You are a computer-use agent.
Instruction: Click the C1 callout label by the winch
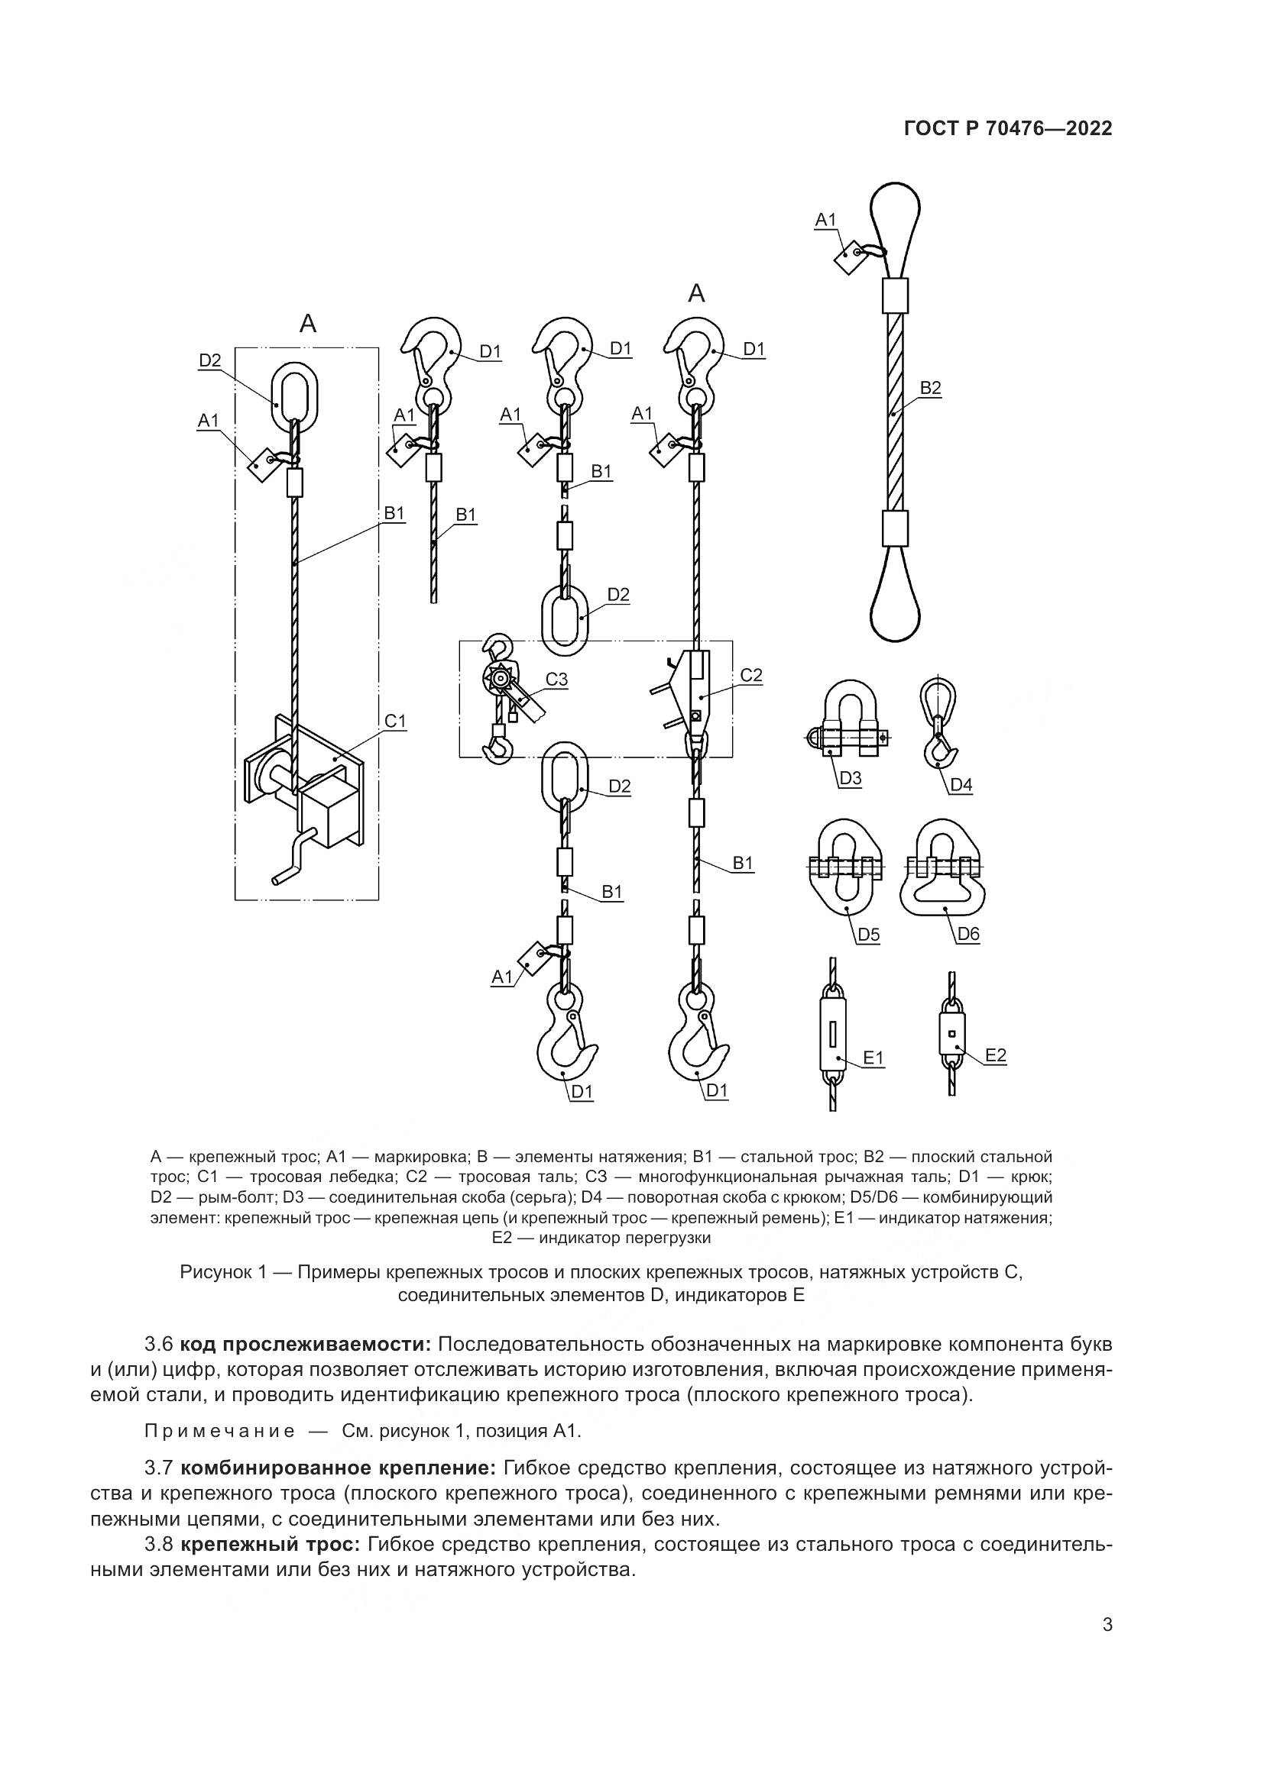(x=395, y=721)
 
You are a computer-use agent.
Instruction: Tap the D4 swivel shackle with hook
(x=938, y=723)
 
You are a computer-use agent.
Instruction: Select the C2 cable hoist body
(x=698, y=690)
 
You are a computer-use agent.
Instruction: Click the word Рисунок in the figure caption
(x=217, y=1272)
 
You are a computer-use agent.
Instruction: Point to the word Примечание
(x=219, y=1430)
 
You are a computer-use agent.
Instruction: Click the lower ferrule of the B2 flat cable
(x=894, y=528)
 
